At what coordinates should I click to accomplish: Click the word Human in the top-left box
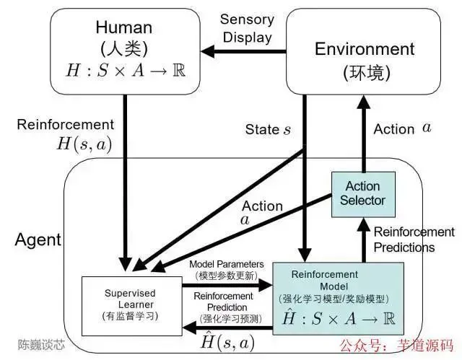123,27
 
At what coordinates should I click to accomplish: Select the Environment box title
365,49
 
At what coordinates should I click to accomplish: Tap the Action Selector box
363,195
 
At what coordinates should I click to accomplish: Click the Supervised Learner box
131,306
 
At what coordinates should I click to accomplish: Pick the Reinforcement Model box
339,299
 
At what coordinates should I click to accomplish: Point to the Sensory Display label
247,29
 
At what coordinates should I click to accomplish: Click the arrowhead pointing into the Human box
208,51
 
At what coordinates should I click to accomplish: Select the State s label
268,129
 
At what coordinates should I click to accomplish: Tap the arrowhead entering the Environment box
364,102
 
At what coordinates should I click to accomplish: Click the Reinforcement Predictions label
414,240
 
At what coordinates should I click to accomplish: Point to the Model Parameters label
226,264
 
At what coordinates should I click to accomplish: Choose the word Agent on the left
38,240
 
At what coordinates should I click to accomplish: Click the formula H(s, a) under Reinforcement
84,144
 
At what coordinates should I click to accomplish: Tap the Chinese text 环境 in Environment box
367,72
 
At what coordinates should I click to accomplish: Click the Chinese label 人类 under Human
124,48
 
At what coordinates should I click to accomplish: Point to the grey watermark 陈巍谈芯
41,345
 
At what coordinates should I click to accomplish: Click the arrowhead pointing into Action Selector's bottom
364,224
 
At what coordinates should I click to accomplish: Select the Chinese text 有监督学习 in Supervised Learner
130,316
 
